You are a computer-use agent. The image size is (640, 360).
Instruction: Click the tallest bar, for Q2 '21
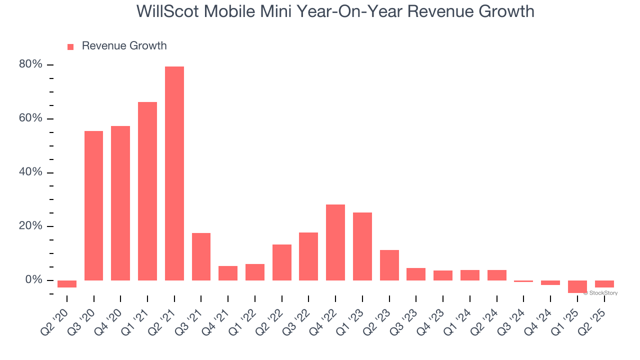(x=174, y=173)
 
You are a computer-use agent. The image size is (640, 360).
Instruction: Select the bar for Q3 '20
(x=93, y=205)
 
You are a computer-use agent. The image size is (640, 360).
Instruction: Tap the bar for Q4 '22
(x=335, y=242)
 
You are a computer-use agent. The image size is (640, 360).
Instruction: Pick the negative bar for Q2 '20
(x=67, y=284)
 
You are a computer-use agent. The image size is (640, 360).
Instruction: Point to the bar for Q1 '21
(x=147, y=191)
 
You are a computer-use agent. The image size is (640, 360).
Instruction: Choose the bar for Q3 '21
(x=201, y=256)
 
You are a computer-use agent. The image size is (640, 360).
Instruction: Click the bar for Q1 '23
(x=362, y=246)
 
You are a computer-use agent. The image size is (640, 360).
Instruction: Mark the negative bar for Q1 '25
(x=577, y=286)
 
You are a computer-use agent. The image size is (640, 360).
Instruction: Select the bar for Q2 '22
(x=282, y=262)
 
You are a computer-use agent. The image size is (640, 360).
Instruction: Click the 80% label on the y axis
(x=31, y=64)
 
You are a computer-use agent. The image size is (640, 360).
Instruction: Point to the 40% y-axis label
(x=31, y=172)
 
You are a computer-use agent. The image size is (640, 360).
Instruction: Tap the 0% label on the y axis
(x=34, y=280)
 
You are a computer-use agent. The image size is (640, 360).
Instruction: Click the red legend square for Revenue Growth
(x=70, y=47)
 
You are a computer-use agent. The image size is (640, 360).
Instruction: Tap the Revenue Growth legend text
(x=124, y=46)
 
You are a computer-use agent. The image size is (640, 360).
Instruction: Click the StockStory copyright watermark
(x=600, y=293)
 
